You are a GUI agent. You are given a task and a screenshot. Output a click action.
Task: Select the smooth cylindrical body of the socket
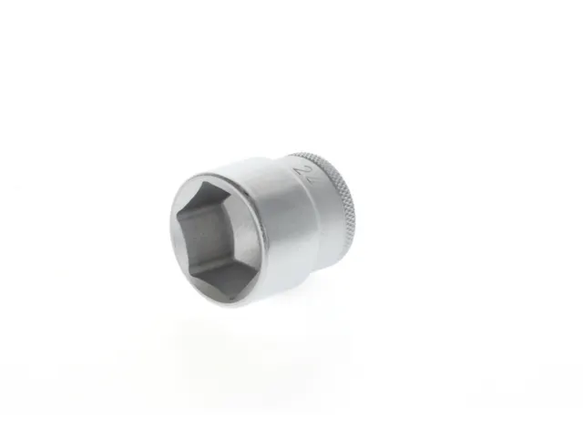[x=291, y=228]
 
